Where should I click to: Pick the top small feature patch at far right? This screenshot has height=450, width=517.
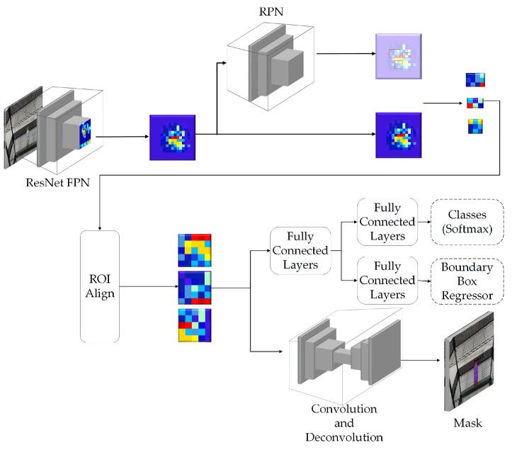pos(475,79)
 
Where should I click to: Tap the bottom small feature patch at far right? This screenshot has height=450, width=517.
pos(475,126)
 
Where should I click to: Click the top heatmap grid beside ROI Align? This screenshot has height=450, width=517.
pos(195,249)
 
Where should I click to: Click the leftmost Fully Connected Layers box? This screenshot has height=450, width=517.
pos(300,251)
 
